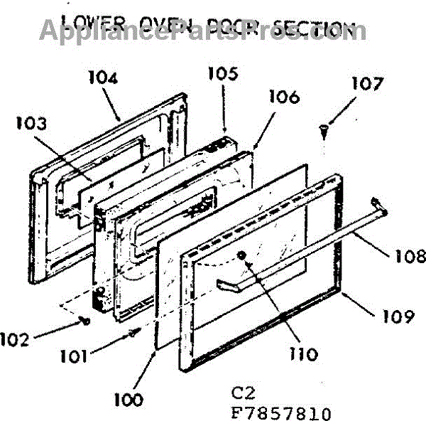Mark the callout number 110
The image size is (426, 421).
tap(304, 353)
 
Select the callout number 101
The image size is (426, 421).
tap(72, 355)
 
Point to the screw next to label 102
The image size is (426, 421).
tap(85, 321)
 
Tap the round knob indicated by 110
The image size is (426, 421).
tap(243, 256)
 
